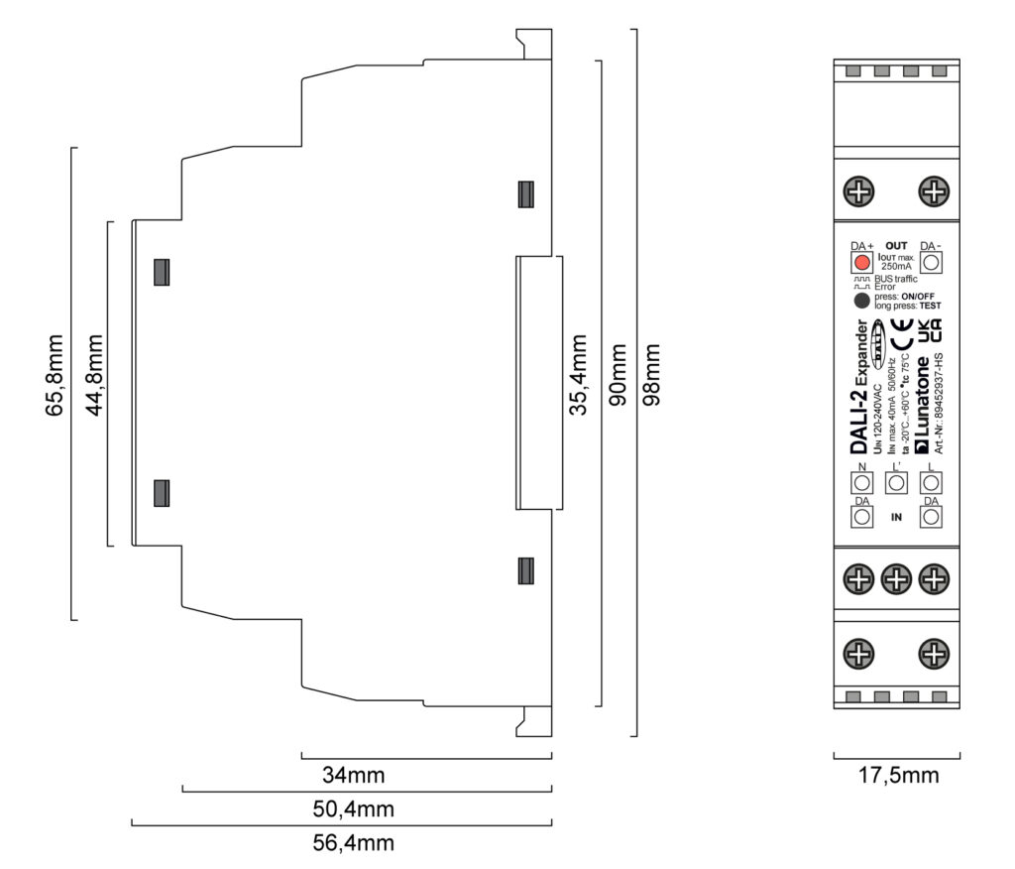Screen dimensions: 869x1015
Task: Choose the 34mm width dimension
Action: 353,774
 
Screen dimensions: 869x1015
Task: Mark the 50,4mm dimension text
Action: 353,808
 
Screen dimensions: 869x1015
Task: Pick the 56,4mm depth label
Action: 353,843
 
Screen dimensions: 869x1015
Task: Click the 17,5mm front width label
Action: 896,775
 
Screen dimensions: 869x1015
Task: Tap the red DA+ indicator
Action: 861,263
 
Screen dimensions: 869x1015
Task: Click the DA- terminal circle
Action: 930,263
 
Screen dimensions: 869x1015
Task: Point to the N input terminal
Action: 861,482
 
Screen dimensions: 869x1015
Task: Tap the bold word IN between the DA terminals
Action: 896,517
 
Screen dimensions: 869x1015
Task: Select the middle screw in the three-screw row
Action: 896,577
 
